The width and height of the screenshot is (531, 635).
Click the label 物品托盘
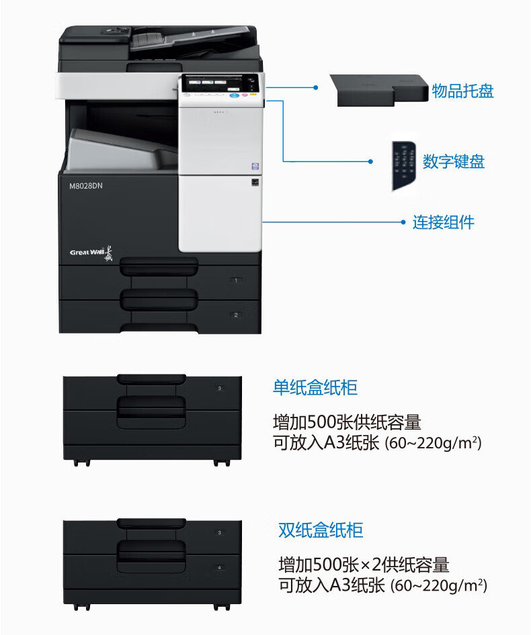pos(462,91)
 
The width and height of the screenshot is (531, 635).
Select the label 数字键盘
pos(453,162)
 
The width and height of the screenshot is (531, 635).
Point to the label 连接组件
pos(443,222)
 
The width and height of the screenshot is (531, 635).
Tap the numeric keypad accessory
pos(403,166)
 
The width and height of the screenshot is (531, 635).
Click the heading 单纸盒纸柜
pos(315,387)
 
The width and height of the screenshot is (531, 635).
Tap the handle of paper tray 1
pos(159,267)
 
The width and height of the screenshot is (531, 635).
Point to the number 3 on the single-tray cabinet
pos(219,388)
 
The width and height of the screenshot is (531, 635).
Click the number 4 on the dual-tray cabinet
pos(219,567)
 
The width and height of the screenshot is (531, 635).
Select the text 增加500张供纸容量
pos(347,422)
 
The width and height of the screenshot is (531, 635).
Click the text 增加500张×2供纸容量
pos(364,564)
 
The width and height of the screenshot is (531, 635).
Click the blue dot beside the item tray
pos(316,87)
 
